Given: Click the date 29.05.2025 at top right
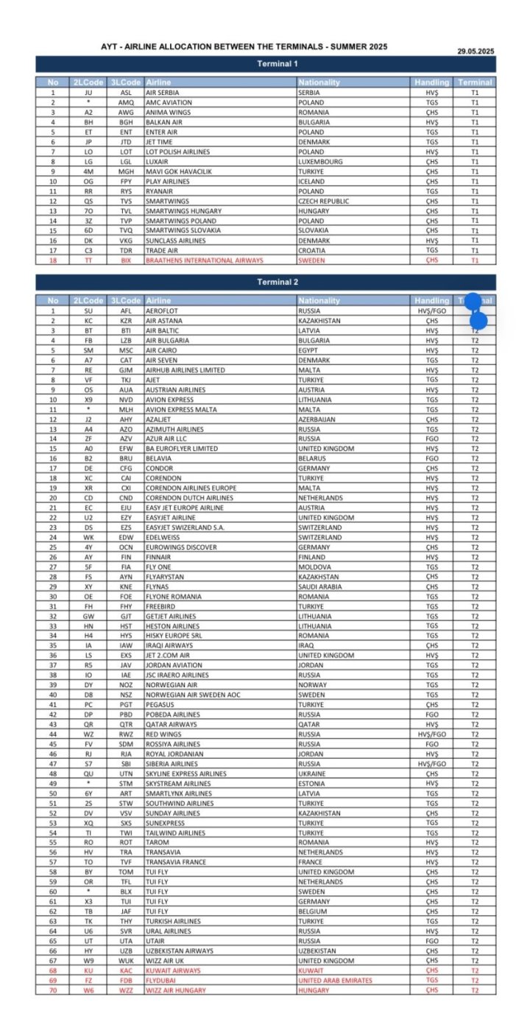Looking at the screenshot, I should coord(476,51).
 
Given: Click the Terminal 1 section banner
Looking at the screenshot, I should coord(265,65).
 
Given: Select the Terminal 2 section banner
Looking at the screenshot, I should coord(265,283).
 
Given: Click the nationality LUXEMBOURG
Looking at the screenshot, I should coord(320,161).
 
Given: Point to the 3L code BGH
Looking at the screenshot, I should coord(126,122).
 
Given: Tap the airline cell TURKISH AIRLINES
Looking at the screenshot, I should coord(173,921).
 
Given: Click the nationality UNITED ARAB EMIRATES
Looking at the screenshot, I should coord(335,980).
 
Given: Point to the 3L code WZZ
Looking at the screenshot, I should coord(126,990).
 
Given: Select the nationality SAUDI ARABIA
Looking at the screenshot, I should coord(320,586).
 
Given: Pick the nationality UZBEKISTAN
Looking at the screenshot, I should coord(318,951).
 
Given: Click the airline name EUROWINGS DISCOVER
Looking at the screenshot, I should coord(181,547).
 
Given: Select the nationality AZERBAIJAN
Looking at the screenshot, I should coord(317,419).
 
